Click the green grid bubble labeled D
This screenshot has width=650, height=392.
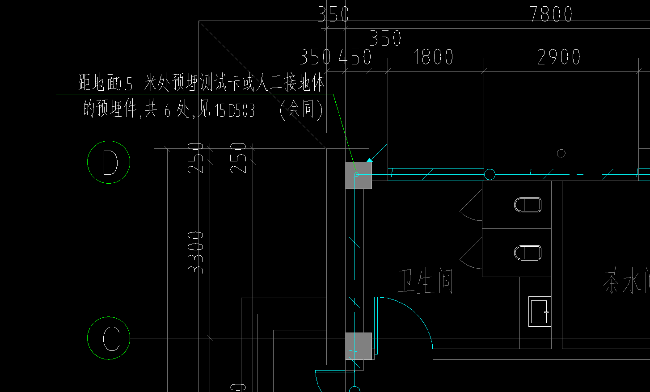(109, 162)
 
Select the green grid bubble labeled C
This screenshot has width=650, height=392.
(109, 338)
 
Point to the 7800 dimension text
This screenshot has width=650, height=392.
(551, 14)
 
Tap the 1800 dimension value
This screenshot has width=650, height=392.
(433, 57)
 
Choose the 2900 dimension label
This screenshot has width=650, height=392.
(558, 57)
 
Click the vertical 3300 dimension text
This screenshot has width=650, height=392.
(196, 252)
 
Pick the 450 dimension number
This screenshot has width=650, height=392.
(355, 57)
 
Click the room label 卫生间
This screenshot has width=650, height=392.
(425, 282)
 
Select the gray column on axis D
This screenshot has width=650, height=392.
(359, 175)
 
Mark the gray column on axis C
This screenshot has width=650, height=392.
(359, 346)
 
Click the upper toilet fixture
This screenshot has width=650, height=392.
(528, 205)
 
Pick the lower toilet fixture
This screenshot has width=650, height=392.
(528, 253)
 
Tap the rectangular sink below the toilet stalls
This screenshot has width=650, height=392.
(539, 312)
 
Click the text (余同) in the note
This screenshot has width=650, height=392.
(301, 110)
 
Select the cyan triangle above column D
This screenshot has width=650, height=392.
(369, 160)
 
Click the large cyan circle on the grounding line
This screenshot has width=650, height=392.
(490, 174)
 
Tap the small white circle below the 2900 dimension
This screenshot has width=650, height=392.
(561, 153)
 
